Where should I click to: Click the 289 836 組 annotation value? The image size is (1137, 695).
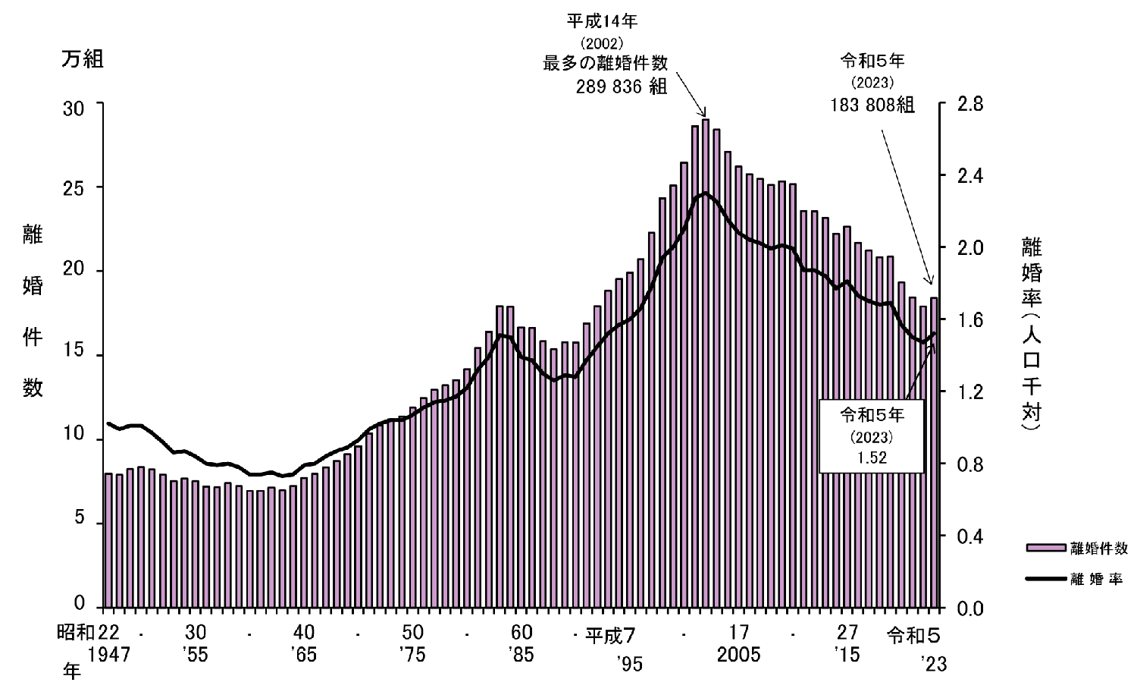point(622,86)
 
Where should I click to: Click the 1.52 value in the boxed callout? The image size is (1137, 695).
point(872,458)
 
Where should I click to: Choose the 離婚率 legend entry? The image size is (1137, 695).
point(1096,579)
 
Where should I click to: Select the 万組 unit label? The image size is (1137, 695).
point(82,60)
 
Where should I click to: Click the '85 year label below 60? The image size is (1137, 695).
point(522,655)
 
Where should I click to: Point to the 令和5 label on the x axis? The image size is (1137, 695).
point(917,634)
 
